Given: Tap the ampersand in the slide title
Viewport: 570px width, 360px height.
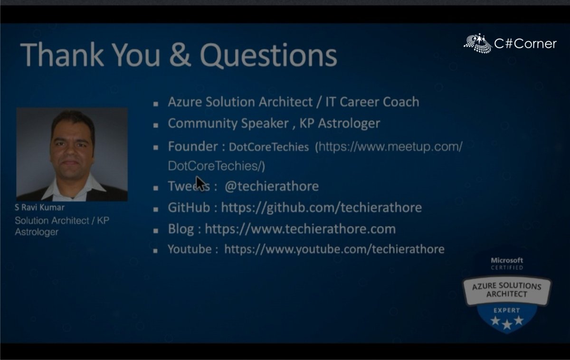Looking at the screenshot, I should [180, 55].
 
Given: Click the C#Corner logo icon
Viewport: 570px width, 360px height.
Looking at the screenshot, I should [477, 43].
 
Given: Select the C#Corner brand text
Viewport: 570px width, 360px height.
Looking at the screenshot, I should [525, 44].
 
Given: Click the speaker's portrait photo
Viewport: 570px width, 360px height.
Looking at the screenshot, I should [72, 154].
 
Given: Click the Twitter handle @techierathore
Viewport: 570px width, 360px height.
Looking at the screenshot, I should [271, 186].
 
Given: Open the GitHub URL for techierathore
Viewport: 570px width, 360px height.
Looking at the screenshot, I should [321, 208].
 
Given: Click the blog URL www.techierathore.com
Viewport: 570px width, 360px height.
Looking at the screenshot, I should [300, 229].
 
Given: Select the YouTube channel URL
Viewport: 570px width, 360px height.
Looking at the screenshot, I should [334, 249].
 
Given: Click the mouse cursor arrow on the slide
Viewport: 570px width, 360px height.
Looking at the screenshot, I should [200, 183].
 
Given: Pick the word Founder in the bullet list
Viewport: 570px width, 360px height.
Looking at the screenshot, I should [192, 146].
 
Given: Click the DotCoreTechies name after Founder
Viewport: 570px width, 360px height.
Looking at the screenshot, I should [269, 147].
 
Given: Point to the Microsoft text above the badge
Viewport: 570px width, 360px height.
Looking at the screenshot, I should [507, 260].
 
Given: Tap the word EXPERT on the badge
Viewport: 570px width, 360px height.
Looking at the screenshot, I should [506, 311].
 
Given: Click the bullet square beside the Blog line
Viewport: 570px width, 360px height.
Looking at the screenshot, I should [155, 230].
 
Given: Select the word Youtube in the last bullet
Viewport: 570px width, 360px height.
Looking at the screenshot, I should [190, 249].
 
